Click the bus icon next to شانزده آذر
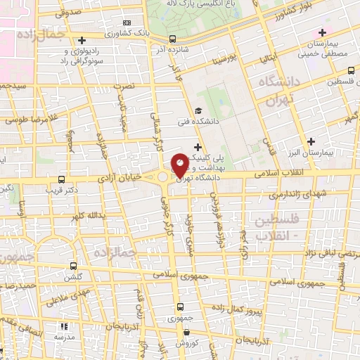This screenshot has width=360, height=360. pos(173,39)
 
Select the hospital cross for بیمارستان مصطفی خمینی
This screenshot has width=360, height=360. pos(322,32)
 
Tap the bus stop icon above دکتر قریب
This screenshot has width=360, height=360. pos(62,179)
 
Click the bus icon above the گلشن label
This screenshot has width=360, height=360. pos(73,266)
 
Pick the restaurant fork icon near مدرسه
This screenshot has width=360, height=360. pos(64,326)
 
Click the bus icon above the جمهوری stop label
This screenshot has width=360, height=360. pos(181,307)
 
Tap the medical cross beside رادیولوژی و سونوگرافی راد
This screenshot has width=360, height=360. pos(83,40)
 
